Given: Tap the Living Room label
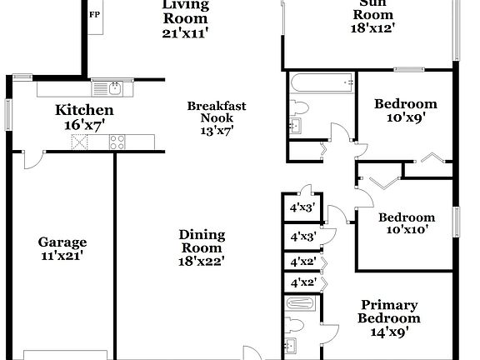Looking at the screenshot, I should (x=185, y=6).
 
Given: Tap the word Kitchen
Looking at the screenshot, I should (x=84, y=110).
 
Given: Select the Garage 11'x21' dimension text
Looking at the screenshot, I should (x=62, y=256).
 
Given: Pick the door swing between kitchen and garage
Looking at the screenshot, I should (x=31, y=161).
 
